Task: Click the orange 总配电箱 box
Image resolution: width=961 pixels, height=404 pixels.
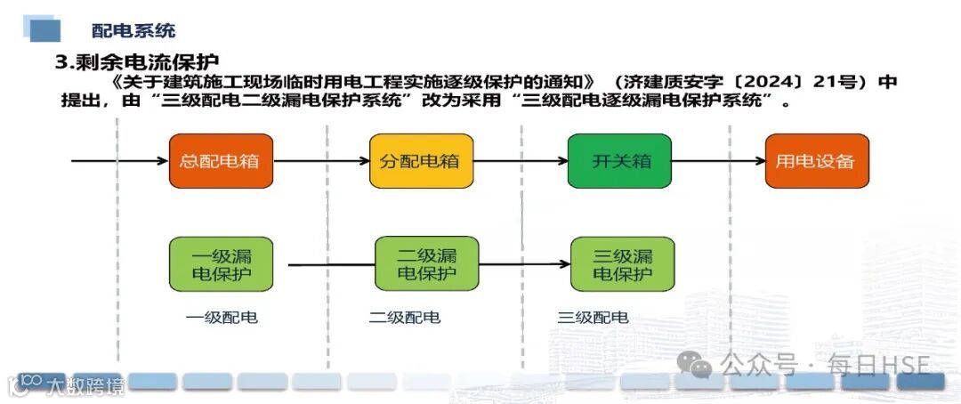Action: tap(221, 161)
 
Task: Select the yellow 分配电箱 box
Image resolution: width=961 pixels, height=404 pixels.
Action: tap(422, 161)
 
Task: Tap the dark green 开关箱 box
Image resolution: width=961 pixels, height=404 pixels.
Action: tap(619, 161)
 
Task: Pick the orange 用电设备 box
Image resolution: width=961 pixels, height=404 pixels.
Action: tap(816, 161)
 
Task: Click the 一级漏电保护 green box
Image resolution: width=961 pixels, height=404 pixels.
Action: tap(221, 263)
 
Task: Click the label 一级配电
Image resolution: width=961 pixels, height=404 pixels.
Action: tap(222, 317)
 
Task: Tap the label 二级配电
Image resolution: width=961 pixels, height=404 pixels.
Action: tap(405, 317)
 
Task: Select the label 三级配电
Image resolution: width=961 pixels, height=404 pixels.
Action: tap(593, 317)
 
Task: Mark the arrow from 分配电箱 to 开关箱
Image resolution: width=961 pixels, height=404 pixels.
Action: tap(521, 161)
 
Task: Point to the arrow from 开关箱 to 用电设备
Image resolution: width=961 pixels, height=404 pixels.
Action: tap(718, 161)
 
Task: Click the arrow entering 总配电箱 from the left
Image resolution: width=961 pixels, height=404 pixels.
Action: tap(120, 161)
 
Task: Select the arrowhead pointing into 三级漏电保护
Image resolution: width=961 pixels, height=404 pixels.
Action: tap(563, 264)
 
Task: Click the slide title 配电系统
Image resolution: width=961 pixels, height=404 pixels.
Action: tap(133, 30)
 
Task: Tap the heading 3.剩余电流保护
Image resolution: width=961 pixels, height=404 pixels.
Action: tap(137, 62)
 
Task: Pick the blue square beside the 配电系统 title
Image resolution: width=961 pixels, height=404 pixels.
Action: tap(44, 29)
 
